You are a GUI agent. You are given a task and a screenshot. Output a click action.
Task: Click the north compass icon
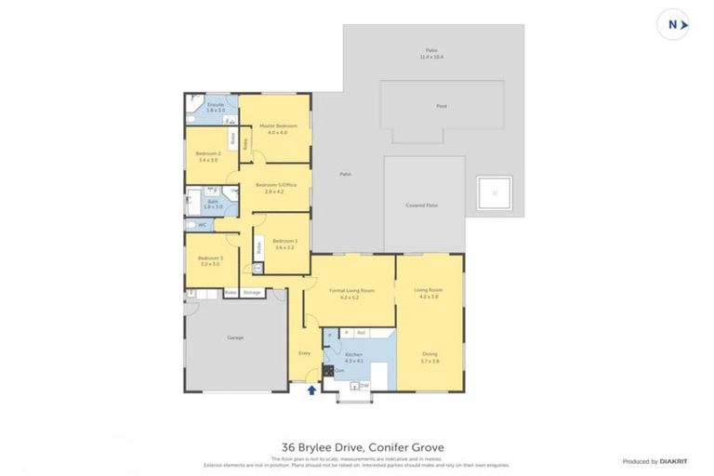(672, 25)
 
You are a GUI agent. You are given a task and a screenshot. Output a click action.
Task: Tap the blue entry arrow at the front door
(311, 390)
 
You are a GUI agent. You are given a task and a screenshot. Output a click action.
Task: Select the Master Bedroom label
(279, 126)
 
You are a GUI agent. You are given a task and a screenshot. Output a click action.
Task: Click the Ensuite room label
(216, 105)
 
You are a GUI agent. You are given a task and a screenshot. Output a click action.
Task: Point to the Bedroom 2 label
(207, 153)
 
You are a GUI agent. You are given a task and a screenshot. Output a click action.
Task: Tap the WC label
(202, 225)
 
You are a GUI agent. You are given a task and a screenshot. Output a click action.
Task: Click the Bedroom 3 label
(209, 258)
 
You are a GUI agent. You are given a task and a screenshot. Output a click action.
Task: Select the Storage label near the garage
(251, 293)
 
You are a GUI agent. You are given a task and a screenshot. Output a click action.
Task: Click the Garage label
(235, 337)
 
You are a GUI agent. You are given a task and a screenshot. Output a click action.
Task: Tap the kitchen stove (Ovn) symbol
(328, 370)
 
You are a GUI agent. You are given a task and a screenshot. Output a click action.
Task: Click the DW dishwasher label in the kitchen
(364, 384)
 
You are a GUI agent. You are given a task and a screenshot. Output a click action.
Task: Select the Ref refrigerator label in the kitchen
(361, 332)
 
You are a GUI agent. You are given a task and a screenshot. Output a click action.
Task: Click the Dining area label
(429, 353)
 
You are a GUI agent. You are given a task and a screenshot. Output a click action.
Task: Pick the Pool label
(442, 106)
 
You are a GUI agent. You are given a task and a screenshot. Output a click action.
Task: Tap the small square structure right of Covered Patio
(494, 193)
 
